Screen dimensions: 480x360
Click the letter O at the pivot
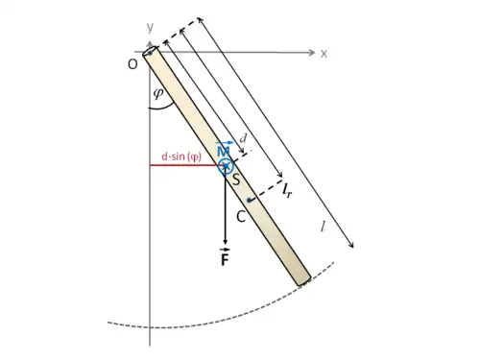132,64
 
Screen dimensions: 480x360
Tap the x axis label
324,54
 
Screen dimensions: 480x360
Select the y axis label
150,27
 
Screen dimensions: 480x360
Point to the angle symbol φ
158,93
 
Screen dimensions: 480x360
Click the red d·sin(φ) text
181,156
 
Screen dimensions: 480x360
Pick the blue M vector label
224,149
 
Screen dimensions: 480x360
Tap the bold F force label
225,257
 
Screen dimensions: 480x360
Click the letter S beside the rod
236,180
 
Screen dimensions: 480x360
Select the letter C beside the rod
241,217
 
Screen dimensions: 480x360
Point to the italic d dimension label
244,138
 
